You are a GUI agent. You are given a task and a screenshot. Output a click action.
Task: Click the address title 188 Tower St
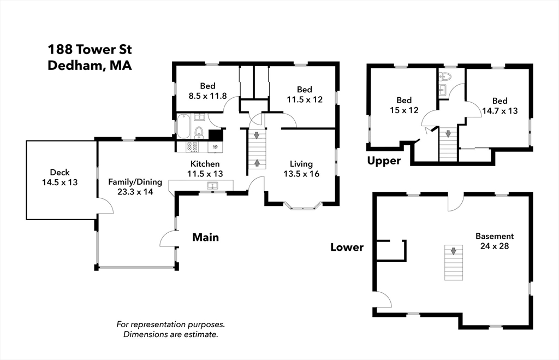pos(90,49)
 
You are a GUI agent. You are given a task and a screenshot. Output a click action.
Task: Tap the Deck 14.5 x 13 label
pos(60,178)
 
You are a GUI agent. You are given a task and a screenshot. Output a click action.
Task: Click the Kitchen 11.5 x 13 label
pos(205,169)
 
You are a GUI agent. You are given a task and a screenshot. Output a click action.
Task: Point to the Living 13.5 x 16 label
pos(301,169)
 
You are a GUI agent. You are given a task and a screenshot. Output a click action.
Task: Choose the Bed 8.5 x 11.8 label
pos(207,91)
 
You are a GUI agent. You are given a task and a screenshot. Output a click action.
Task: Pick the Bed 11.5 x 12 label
pos(305,95)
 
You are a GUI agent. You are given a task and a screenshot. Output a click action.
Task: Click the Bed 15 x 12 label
pos(404,105)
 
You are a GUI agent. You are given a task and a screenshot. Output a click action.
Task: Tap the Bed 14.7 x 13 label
pos(500,106)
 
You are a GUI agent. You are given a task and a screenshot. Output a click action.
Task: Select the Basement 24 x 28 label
pos(495,241)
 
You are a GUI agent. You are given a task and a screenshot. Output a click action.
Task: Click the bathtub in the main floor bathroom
pos(184,126)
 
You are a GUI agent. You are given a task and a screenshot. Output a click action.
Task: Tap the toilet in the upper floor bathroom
pos(445,76)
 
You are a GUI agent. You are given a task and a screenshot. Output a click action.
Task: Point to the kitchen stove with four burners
pos(193,146)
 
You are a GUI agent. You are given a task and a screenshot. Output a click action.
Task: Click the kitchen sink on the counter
pos(212,186)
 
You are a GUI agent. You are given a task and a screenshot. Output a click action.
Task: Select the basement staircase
pos(454,262)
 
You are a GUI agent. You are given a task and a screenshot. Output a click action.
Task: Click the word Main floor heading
pos(206,237)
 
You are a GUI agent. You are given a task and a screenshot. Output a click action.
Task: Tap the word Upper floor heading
pos(384,161)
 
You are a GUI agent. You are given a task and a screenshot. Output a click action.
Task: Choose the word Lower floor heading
pos(347,247)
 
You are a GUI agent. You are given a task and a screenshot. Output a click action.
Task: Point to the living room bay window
pos(303,206)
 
